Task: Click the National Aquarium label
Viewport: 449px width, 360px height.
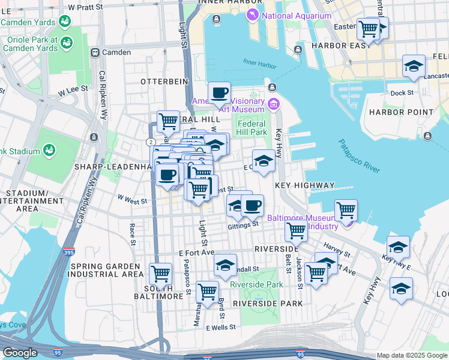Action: (297, 16)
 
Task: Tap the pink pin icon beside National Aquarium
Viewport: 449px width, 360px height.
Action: (253, 15)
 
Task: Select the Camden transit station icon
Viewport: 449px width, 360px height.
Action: (95, 52)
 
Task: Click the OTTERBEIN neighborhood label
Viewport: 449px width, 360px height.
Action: (160, 81)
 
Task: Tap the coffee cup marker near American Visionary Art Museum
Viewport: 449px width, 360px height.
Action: (219, 93)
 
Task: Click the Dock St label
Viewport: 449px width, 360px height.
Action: (402, 93)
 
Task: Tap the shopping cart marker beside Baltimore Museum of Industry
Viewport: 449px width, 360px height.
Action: (346, 210)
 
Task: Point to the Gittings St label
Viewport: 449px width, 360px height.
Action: (243, 226)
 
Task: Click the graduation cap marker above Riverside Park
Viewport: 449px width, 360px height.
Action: (225, 265)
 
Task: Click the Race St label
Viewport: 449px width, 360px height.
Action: (132, 235)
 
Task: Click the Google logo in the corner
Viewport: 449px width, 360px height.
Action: (20, 353)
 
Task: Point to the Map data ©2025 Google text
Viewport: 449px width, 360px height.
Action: (412, 355)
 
